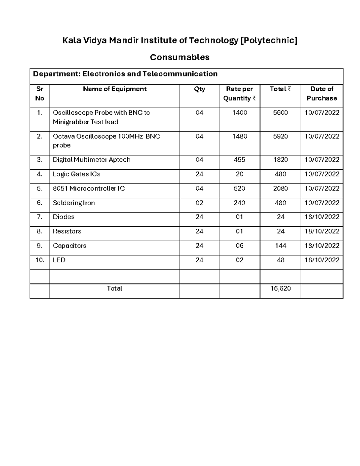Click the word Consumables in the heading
(x=180, y=57)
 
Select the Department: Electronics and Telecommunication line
(x=125, y=74)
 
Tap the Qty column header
(x=199, y=89)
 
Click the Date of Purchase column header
(x=322, y=93)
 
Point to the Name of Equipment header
(x=115, y=89)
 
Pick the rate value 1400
(x=239, y=113)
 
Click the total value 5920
(x=280, y=136)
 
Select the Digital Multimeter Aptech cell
(x=91, y=160)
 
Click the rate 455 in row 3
(x=239, y=160)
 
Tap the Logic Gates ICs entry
(x=76, y=174)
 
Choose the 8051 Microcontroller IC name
(x=89, y=188)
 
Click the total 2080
(x=280, y=188)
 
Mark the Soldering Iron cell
(x=74, y=203)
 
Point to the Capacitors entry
(x=70, y=246)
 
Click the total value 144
(x=280, y=246)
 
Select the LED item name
(x=59, y=260)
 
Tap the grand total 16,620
(x=280, y=288)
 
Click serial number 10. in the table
(x=40, y=260)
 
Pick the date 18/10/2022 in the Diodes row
(x=322, y=217)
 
